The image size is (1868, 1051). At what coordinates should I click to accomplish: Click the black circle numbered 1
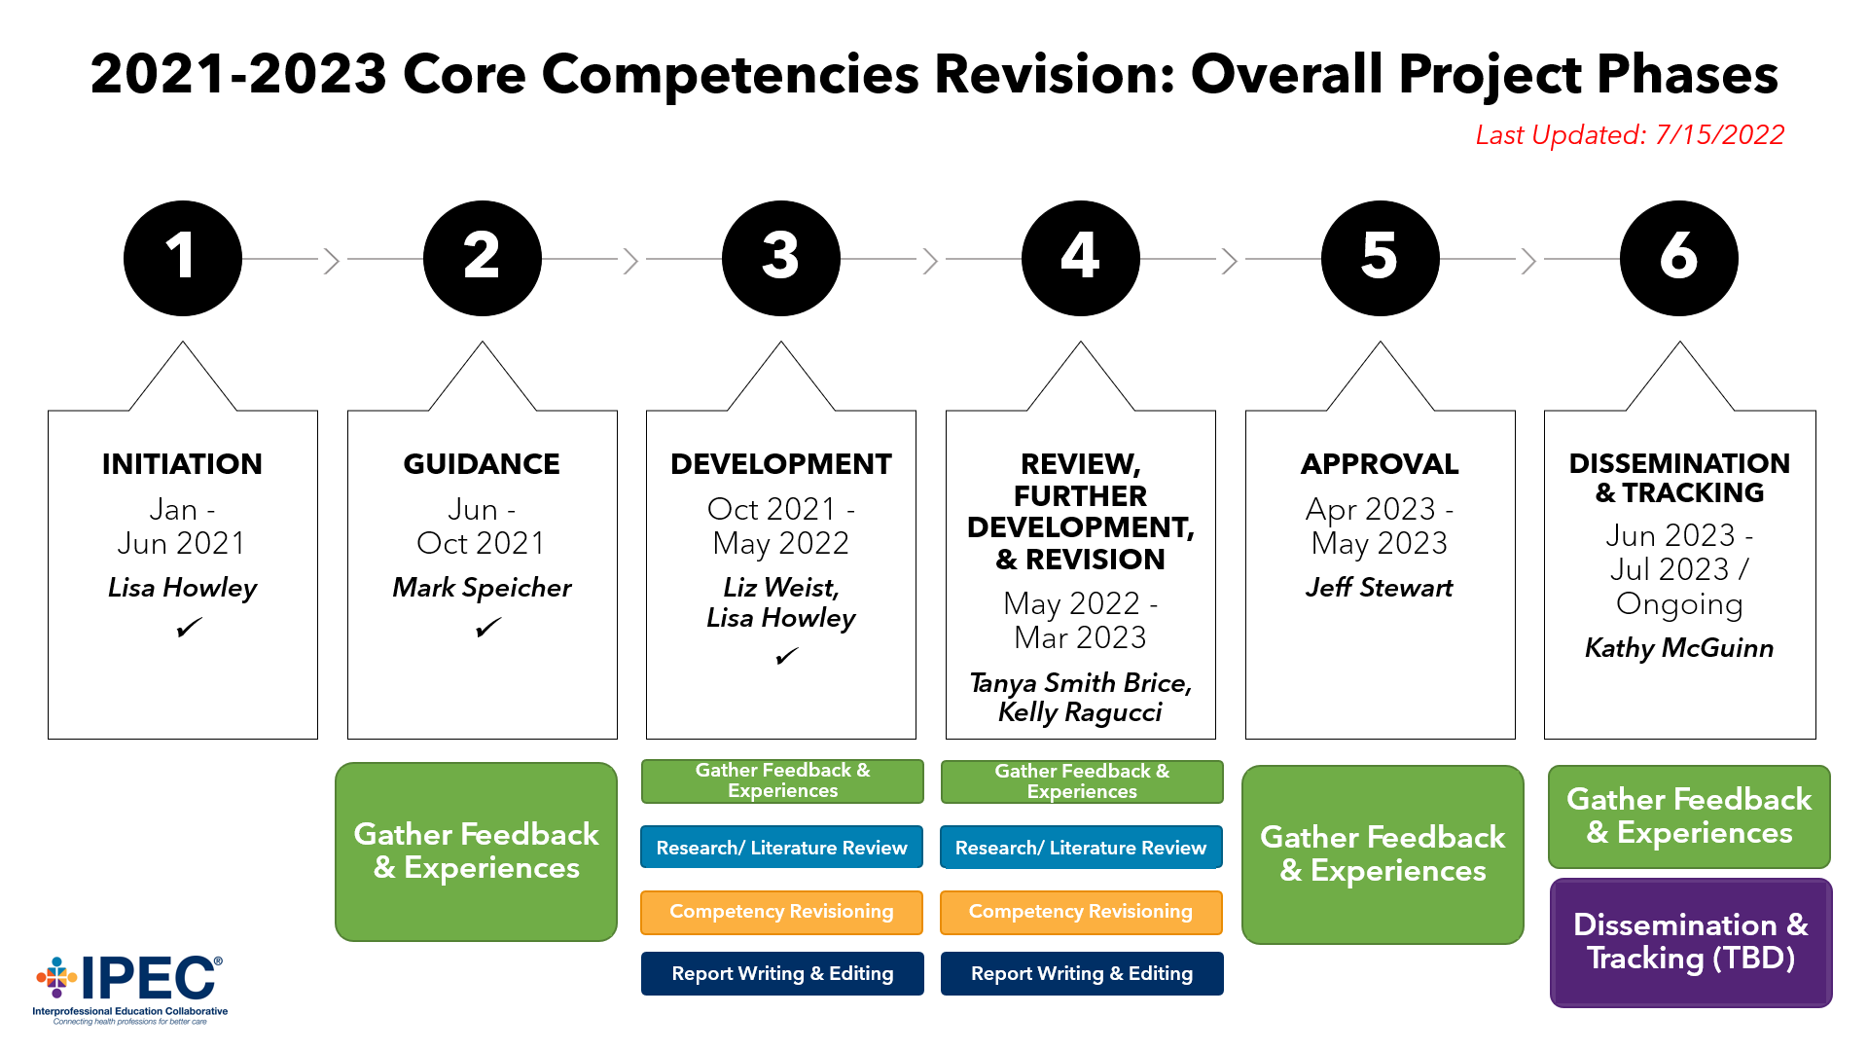(182, 258)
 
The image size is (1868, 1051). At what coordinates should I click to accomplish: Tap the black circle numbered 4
(1080, 258)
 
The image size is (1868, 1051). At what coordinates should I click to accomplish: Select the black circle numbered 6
(1678, 258)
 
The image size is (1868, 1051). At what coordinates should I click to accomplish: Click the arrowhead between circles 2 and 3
(630, 260)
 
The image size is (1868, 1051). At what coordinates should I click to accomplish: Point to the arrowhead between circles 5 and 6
(1528, 260)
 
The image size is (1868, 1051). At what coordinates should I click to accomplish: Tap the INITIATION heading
(182, 464)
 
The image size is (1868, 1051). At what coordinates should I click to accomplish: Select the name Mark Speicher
(482, 588)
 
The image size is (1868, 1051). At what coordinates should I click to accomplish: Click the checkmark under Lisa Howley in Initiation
(189, 628)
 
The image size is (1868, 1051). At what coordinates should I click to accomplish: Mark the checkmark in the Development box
(786, 657)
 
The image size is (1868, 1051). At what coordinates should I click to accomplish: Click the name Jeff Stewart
(1379, 588)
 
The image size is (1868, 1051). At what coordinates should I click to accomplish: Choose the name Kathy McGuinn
(1678, 648)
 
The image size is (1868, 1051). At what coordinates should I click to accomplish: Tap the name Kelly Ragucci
(1080, 712)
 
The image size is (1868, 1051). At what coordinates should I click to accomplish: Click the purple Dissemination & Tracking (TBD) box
(1690, 942)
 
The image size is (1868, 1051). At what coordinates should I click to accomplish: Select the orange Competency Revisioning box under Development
(781, 912)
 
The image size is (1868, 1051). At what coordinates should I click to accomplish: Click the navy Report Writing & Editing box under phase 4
(1081, 973)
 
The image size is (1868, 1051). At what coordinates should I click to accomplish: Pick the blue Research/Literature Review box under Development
(781, 848)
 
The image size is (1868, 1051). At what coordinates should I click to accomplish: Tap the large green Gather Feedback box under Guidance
(476, 852)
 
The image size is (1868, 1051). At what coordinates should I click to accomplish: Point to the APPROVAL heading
(1380, 464)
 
